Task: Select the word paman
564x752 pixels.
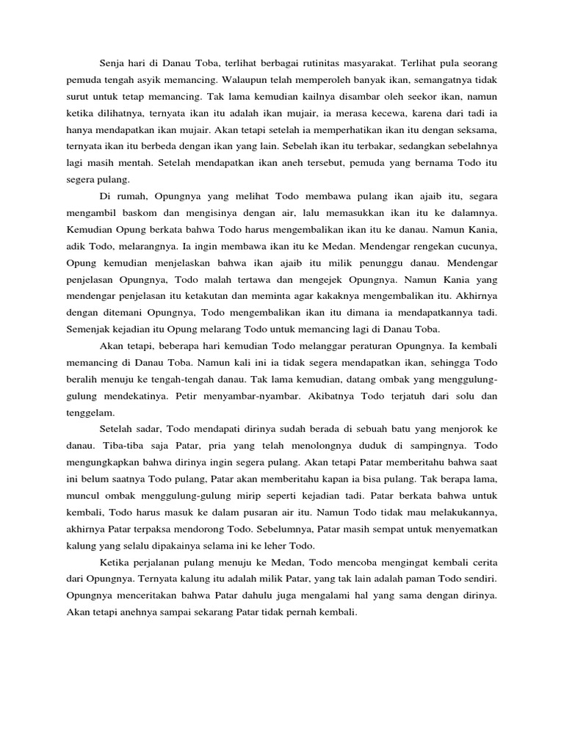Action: coord(412,579)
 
